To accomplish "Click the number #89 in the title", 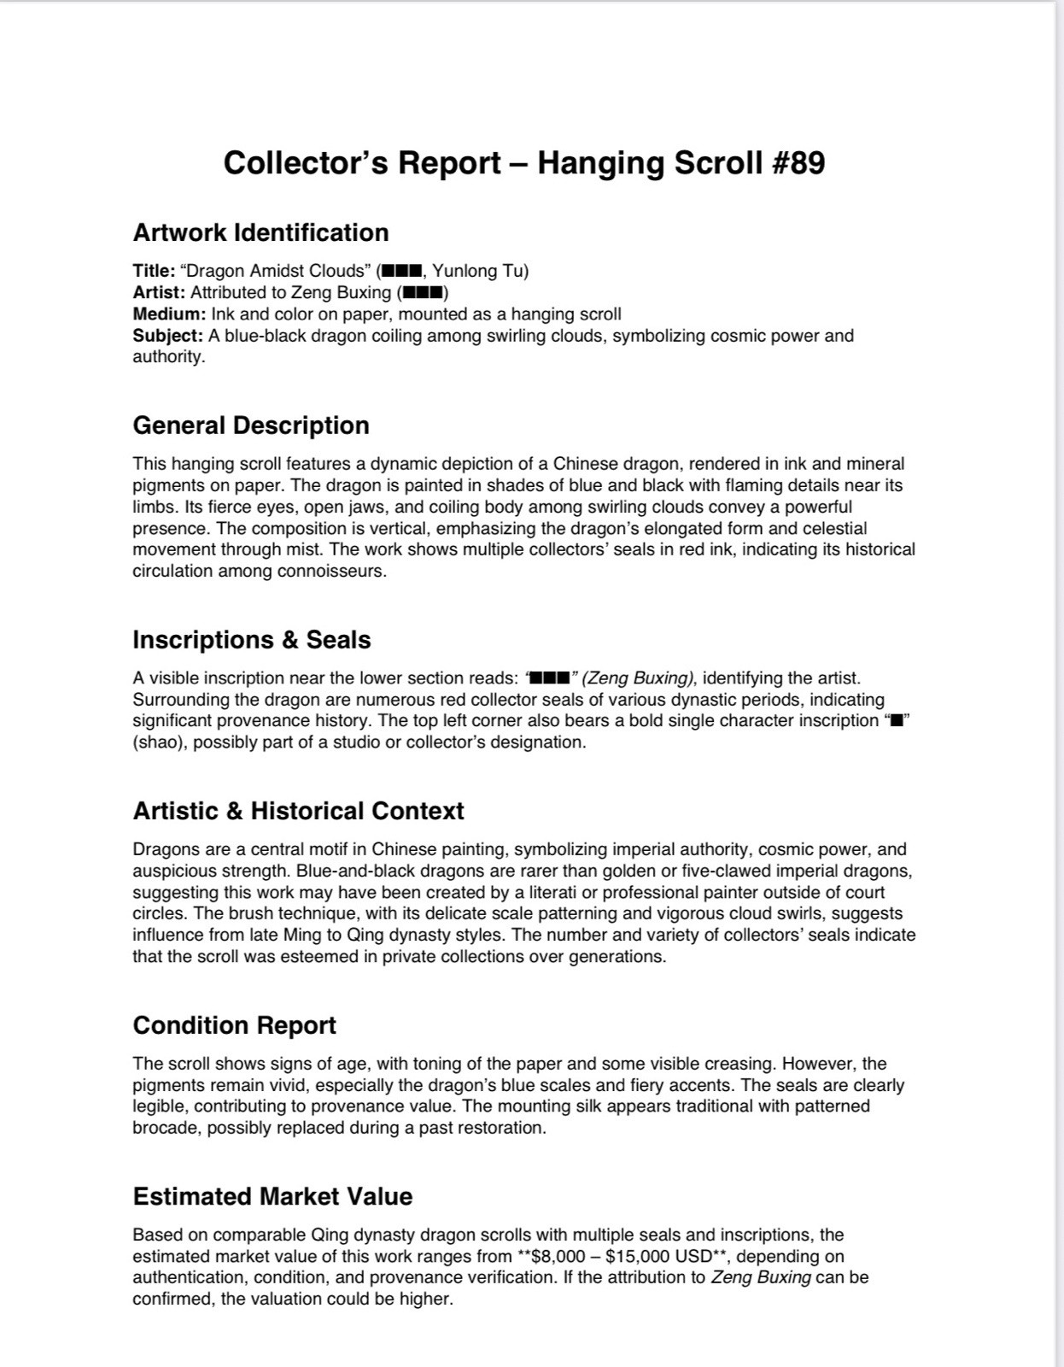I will pyautogui.click(x=798, y=163).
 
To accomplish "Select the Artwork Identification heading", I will pyautogui.click(x=260, y=232).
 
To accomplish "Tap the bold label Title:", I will pyautogui.click(x=154, y=271).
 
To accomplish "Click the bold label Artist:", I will pyautogui.click(x=159, y=292).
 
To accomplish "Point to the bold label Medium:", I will pyautogui.click(x=169, y=314).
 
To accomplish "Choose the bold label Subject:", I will pyautogui.click(x=167, y=336).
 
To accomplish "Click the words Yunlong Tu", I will pyautogui.click(x=480, y=271).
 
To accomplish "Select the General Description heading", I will pyautogui.click(x=251, y=425).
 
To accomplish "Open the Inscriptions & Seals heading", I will pyautogui.click(x=251, y=640).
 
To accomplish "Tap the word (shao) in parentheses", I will pyautogui.click(x=160, y=742).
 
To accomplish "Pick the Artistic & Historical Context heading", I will pyautogui.click(x=298, y=811).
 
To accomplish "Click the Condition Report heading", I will pyautogui.click(x=234, y=1025).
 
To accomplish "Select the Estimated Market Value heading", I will pyautogui.click(x=272, y=1196).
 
